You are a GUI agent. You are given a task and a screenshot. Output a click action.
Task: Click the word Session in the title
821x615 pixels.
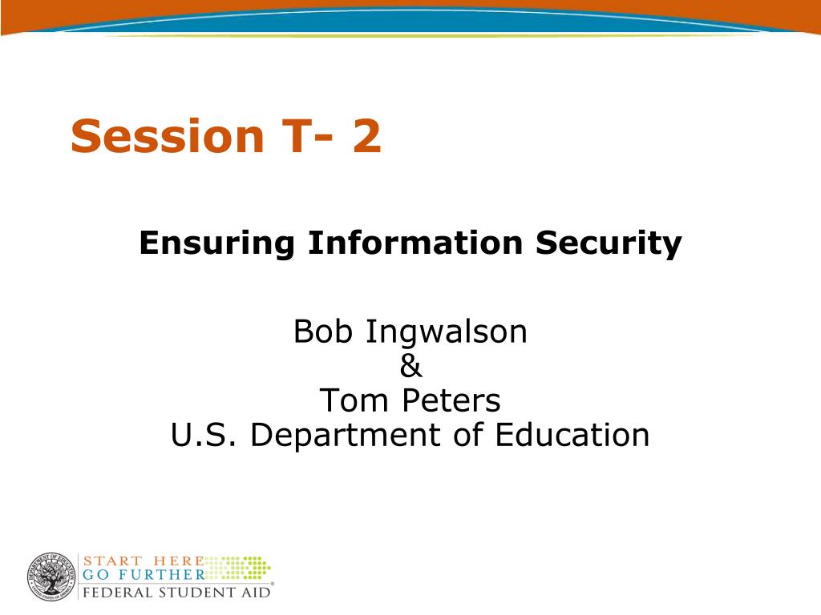[x=167, y=135]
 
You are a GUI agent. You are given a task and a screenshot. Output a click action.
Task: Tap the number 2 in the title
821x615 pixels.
[x=366, y=135]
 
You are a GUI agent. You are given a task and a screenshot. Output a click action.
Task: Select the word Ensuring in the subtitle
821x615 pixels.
[x=216, y=243]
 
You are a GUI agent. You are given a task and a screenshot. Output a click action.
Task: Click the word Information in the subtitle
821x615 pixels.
[x=415, y=243]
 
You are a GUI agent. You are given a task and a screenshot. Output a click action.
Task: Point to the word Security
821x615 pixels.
[x=609, y=243]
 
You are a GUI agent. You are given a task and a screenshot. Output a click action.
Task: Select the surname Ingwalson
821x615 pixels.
[x=446, y=332]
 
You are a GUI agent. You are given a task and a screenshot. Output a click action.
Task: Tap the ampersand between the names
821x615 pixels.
[x=410, y=365]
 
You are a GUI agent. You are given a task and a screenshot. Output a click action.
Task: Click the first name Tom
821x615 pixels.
[x=354, y=400]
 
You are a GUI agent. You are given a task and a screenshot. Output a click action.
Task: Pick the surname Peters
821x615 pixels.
[x=451, y=400]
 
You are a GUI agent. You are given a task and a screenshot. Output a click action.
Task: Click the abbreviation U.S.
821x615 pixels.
[x=204, y=435]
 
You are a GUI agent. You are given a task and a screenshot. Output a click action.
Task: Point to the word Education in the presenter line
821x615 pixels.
[x=572, y=435]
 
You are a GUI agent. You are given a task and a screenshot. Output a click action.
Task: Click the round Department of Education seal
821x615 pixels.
[x=51, y=577]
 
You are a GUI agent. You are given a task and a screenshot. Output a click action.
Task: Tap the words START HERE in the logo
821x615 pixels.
[x=144, y=561]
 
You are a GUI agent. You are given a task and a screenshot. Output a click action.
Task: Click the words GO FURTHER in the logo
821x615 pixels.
[x=144, y=574]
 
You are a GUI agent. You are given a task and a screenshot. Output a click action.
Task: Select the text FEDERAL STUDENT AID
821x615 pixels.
[x=177, y=593]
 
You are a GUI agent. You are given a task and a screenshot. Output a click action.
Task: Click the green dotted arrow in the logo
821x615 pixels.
[x=238, y=568]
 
